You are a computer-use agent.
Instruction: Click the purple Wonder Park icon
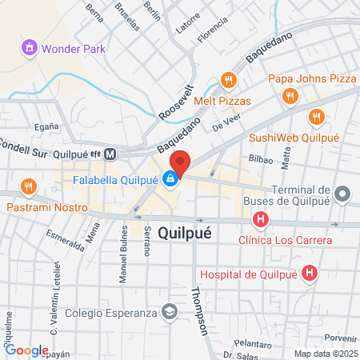[30, 48]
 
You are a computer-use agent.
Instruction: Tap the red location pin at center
[180, 163]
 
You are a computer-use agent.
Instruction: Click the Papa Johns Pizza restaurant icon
[289, 97]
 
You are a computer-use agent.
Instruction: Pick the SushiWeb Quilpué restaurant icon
[317, 117]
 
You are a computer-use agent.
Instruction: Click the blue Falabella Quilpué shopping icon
[170, 179]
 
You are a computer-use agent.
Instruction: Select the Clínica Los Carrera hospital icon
[260, 219]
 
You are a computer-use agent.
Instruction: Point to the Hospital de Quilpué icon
[311, 274]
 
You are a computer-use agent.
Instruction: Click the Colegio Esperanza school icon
[169, 313]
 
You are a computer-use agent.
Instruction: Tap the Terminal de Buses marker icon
[342, 194]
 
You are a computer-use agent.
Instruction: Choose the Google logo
[26, 350]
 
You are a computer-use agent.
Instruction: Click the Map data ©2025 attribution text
[324, 354]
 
